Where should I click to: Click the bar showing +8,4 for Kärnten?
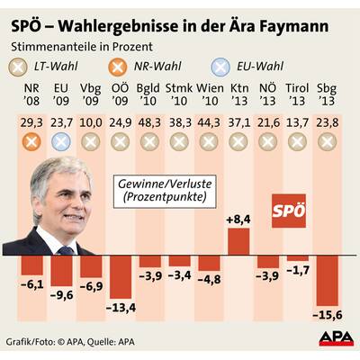tap(238, 241)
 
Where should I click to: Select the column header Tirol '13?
tap(297, 95)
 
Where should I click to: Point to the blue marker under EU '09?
tap(61, 141)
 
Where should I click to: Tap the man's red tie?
tap(76, 239)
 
